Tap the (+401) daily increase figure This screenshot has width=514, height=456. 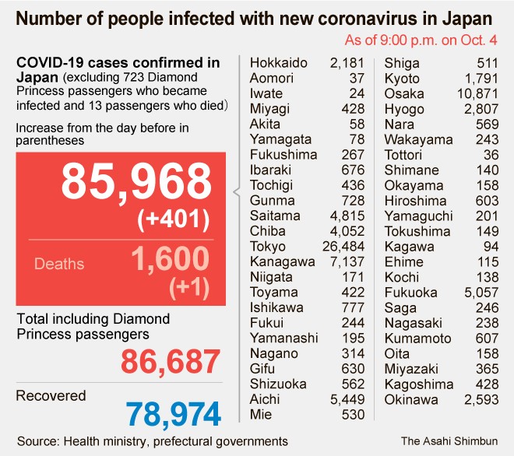click(174, 220)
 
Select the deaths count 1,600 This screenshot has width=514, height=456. click(169, 259)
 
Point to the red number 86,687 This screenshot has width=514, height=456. click(171, 362)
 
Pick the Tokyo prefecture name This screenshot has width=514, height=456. click(267, 246)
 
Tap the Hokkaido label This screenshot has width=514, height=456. click(278, 63)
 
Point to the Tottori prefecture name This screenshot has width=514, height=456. click(403, 154)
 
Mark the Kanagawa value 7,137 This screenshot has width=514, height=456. click(347, 261)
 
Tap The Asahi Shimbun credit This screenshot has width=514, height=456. click(450, 440)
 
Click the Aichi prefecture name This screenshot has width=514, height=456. click(265, 399)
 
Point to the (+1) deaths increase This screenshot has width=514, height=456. click(189, 288)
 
